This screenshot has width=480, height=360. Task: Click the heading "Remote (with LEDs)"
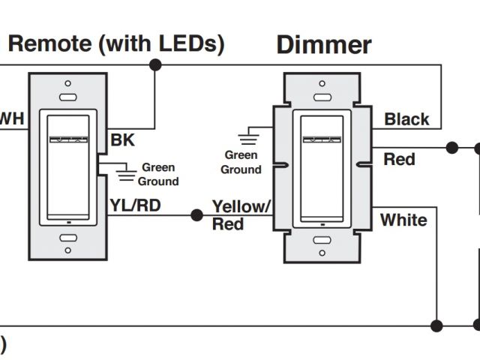point(115,43)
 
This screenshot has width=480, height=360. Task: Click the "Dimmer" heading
point(324,44)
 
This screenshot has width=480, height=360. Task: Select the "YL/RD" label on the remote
point(134,205)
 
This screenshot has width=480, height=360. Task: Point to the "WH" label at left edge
point(10,118)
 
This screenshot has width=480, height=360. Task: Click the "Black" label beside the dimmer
point(406,118)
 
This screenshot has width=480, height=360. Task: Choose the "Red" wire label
point(399,159)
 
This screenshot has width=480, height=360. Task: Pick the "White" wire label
point(403,220)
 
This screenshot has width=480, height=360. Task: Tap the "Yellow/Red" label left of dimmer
point(241,214)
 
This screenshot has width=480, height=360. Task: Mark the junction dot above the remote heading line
point(156,65)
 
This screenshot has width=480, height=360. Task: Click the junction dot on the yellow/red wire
point(196,215)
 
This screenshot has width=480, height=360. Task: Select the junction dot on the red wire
point(452,148)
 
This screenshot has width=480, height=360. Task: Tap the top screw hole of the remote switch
point(67,83)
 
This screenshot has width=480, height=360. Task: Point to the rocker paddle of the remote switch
point(68,165)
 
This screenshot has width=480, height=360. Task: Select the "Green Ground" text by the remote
point(158,174)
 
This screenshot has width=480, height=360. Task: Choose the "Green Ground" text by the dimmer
point(241,162)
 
